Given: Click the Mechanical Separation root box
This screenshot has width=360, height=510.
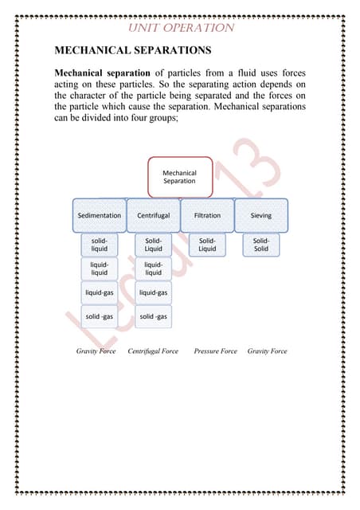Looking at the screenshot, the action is coord(179,176).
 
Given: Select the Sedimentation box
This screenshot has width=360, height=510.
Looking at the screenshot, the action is coord(100,215).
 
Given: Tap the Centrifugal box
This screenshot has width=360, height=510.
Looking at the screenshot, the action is coord(154,215).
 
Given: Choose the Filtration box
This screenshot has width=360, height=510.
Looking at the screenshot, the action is coord(207,215).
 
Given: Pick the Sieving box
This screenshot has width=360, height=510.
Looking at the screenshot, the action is coord(261,215).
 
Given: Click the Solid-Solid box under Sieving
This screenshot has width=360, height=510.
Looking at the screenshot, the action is coord(261,245).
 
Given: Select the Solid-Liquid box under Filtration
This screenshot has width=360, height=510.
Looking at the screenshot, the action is coord(207,245).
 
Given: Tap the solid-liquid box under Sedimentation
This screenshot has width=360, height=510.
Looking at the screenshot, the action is coord(100,245).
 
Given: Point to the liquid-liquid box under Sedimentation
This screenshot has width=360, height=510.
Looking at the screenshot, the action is coord(100,269).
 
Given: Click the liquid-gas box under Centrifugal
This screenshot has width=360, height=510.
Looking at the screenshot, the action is coord(154,292).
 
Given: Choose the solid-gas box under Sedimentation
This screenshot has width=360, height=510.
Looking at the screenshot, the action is coord(100,316).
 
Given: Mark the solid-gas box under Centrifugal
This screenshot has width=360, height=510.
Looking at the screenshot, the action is coord(154,316).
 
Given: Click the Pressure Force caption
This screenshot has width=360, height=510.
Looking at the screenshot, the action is coord(215,351).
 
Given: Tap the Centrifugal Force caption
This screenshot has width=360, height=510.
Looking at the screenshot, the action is coord(153,351).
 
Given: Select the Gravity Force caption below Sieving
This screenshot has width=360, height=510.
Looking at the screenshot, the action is coord(267,351).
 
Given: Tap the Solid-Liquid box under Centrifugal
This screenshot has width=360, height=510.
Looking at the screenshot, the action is coord(154,245).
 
